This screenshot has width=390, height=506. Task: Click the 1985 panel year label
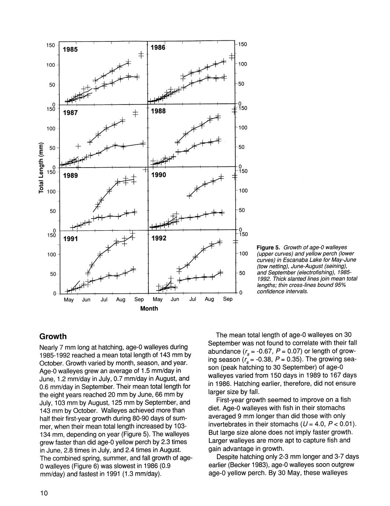coord(70,49)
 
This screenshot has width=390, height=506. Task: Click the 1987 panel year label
coord(70,113)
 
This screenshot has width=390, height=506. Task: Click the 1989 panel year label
coord(70,176)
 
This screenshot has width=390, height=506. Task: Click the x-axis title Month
coord(149,308)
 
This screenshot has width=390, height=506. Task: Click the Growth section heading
coord(53,336)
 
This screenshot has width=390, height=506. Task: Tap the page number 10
coord(44,493)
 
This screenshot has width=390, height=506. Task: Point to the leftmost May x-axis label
coord(69,300)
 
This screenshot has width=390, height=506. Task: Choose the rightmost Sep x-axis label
coord(227,299)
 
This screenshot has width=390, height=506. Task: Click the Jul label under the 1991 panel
coord(104,300)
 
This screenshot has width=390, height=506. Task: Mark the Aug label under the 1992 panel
coord(209,299)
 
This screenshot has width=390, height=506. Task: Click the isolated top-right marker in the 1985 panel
coord(141,55)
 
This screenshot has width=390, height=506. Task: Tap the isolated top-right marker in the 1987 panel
coord(135,113)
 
